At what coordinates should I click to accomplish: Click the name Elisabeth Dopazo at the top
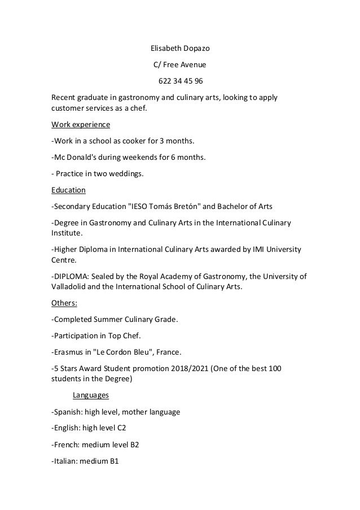point(180,48)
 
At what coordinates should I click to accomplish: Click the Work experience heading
point(81,124)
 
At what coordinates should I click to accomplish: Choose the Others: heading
point(65,303)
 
